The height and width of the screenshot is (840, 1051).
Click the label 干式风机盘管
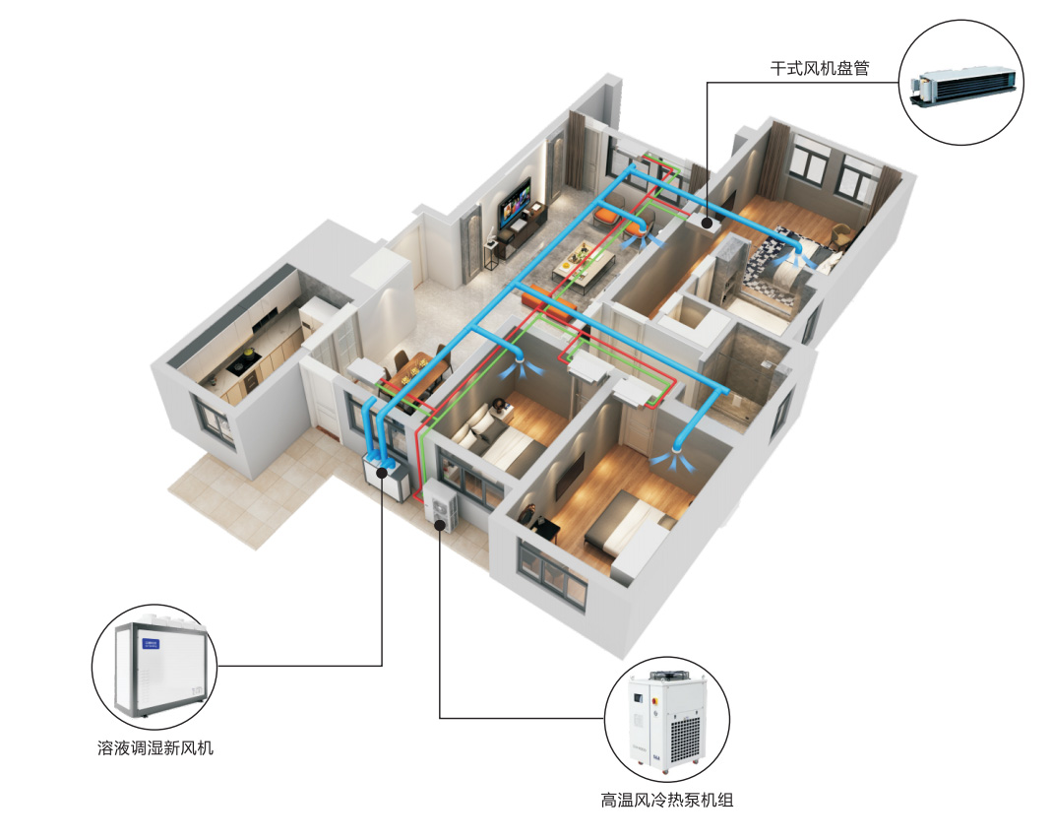[x=819, y=70]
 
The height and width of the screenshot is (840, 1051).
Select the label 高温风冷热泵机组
[x=666, y=800]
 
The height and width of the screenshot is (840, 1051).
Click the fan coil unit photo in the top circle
[x=963, y=85]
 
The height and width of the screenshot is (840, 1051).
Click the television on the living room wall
[x=516, y=203]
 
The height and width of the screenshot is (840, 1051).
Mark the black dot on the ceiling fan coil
[x=707, y=224]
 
